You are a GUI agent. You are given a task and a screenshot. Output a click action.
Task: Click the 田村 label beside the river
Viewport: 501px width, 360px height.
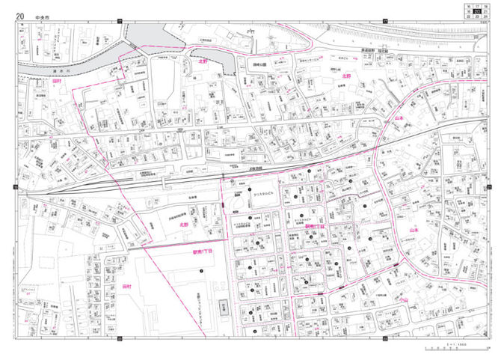coord(56,79)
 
